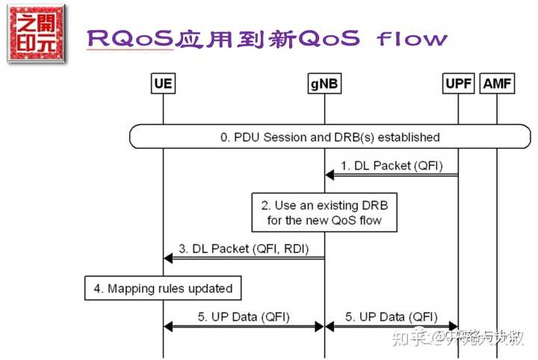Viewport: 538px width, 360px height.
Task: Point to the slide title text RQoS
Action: point(130,39)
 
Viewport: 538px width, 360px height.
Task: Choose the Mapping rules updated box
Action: point(163,288)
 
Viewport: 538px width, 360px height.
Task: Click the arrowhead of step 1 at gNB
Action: point(330,175)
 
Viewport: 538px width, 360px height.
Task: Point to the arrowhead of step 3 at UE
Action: point(168,258)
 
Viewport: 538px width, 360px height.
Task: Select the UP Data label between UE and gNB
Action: point(244,316)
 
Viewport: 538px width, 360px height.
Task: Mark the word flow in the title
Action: point(411,39)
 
